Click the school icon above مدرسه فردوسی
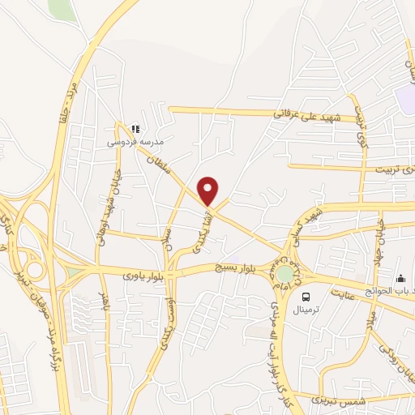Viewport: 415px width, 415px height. (135, 128)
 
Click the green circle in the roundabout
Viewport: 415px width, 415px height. (285, 275)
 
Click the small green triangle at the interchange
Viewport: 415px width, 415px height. (75, 272)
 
